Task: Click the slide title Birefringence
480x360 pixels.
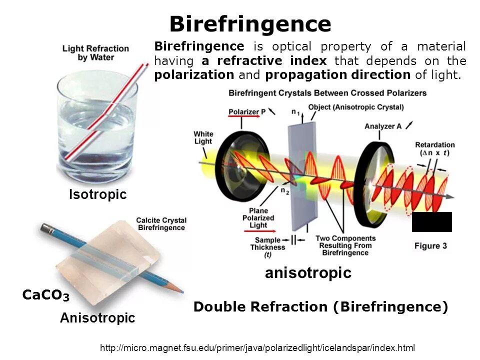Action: point(250,24)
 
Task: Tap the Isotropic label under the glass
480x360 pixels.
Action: point(97,194)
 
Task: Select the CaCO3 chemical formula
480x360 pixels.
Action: point(45,295)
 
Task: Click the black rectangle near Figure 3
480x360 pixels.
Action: point(431,221)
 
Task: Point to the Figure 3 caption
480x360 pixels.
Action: point(430,245)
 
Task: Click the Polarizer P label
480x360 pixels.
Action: point(244,111)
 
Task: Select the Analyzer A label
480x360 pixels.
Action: point(383,126)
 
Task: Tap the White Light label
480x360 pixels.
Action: point(203,137)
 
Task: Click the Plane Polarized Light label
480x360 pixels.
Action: point(258,217)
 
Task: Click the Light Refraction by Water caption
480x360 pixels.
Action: point(95,53)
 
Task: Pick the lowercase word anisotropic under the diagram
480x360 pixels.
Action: point(308,273)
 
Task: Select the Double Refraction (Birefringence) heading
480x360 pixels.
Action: point(320,306)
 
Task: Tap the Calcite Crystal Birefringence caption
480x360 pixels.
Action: point(161,224)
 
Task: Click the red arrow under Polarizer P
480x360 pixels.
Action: point(244,116)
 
